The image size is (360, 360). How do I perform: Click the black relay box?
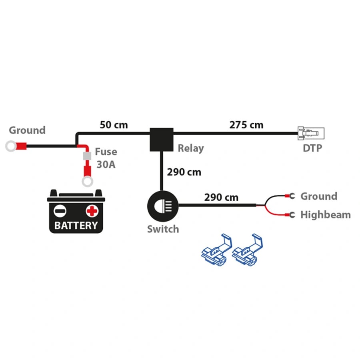[162, 140]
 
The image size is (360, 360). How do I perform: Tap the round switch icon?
[162, 206]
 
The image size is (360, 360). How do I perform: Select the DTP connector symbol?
[311, 133]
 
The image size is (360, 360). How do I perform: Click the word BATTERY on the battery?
[76, 225]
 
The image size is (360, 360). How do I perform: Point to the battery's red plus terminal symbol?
[92, 210]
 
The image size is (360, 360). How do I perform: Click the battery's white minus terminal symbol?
[60, 210]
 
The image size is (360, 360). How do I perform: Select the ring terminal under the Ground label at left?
[11, 146]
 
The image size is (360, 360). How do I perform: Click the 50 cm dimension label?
[114, 125]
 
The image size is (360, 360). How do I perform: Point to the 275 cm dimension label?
[246, 125]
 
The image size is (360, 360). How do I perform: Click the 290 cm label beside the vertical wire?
[184, 172]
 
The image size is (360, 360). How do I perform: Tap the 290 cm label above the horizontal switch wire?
[221, 197]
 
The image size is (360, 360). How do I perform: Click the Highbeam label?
[325, 215]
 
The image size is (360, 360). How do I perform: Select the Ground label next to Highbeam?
[319, 196]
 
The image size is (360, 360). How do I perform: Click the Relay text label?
[191, 148]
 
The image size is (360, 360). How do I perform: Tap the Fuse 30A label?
[106, 158]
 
